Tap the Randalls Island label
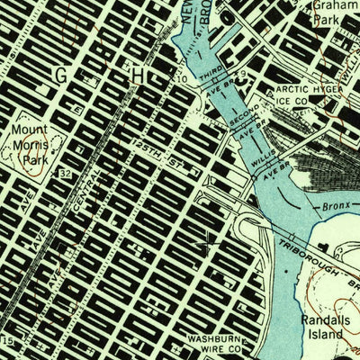coord(321,326)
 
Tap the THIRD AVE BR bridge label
coord(217,82)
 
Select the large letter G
coord(61,77)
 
